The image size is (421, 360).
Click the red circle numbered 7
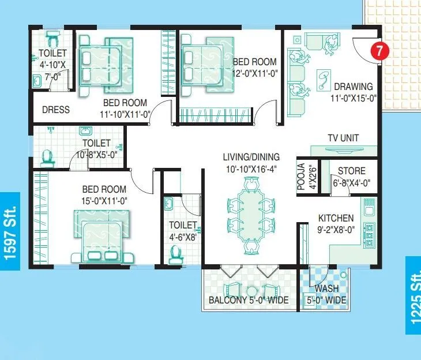coord(378,50)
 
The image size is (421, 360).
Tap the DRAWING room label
coord(354,87)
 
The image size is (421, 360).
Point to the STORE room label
coord(351,171)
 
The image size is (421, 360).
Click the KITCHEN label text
coord(336,218)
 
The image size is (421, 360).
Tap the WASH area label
coord(327,289)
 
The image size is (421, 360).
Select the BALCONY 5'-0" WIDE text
coord(249,300)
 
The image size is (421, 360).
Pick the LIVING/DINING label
coord(251,157)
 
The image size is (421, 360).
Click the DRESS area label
coord(56,110)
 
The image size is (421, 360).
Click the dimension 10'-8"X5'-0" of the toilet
coord(97,155)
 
